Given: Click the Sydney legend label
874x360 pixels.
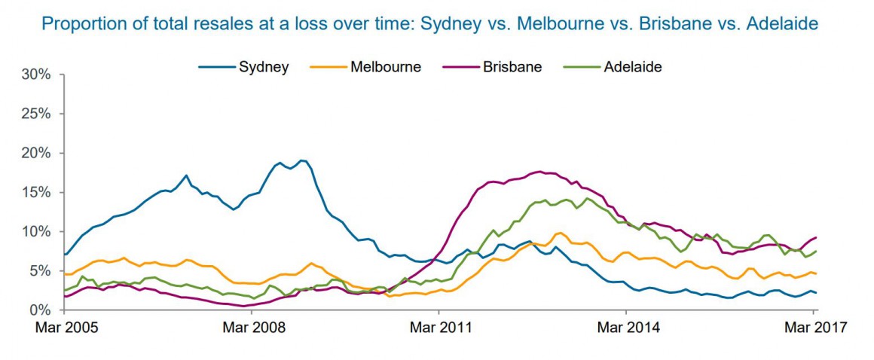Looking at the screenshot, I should (264, 67).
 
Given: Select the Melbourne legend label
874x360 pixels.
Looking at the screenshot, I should (385, 67).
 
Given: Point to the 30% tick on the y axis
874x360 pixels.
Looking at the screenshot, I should (36, 75).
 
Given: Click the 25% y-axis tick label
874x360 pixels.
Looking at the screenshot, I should (36, 114).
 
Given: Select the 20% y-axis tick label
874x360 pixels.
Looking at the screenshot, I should (36, 153).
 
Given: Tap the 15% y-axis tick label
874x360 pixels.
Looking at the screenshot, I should (36, 192).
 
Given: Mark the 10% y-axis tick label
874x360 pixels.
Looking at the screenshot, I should (36, 231).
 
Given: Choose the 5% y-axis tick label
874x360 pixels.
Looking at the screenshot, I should (39, 270).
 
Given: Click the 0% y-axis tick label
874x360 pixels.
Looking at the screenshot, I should (39, 310).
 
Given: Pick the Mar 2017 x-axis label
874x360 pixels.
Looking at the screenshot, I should (812, 328).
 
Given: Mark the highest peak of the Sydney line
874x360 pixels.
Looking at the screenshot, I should (302, 160).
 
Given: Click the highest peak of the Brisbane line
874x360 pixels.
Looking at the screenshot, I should (539, 172).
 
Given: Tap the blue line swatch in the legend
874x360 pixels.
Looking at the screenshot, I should (216, 67).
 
